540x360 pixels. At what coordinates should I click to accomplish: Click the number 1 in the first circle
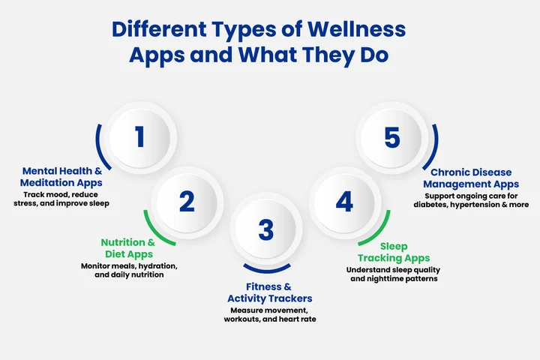[139, 137]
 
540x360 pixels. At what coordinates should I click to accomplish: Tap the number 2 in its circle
[187, 201]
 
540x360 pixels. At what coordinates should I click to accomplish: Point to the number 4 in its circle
[344, 201]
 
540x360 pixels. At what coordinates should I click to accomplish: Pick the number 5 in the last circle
[391, 137]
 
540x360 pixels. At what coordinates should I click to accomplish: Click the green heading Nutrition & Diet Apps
[128, 248]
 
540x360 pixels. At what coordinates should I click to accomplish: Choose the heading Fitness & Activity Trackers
[269, 292]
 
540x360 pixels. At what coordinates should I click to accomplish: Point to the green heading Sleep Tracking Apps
[393, 252]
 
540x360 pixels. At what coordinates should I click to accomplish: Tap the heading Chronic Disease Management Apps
[470, 178]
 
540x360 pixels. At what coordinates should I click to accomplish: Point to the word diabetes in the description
[431, 204]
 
